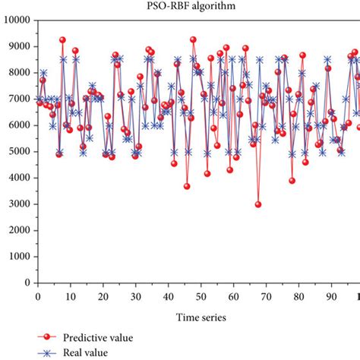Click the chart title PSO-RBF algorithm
coord(180,5)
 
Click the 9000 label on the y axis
coord(17,46)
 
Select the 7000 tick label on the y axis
coord(17,99)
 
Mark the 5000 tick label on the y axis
coord(17,152)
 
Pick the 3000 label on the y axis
coord(17,204)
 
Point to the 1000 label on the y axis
coord(17,257)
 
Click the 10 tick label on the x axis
coord(70,296)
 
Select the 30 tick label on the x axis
coord(135,296)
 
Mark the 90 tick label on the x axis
coord(331,296)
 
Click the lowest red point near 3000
coord(258,204)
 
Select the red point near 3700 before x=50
coord(187,186)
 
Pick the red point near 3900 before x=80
coord(292,181)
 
